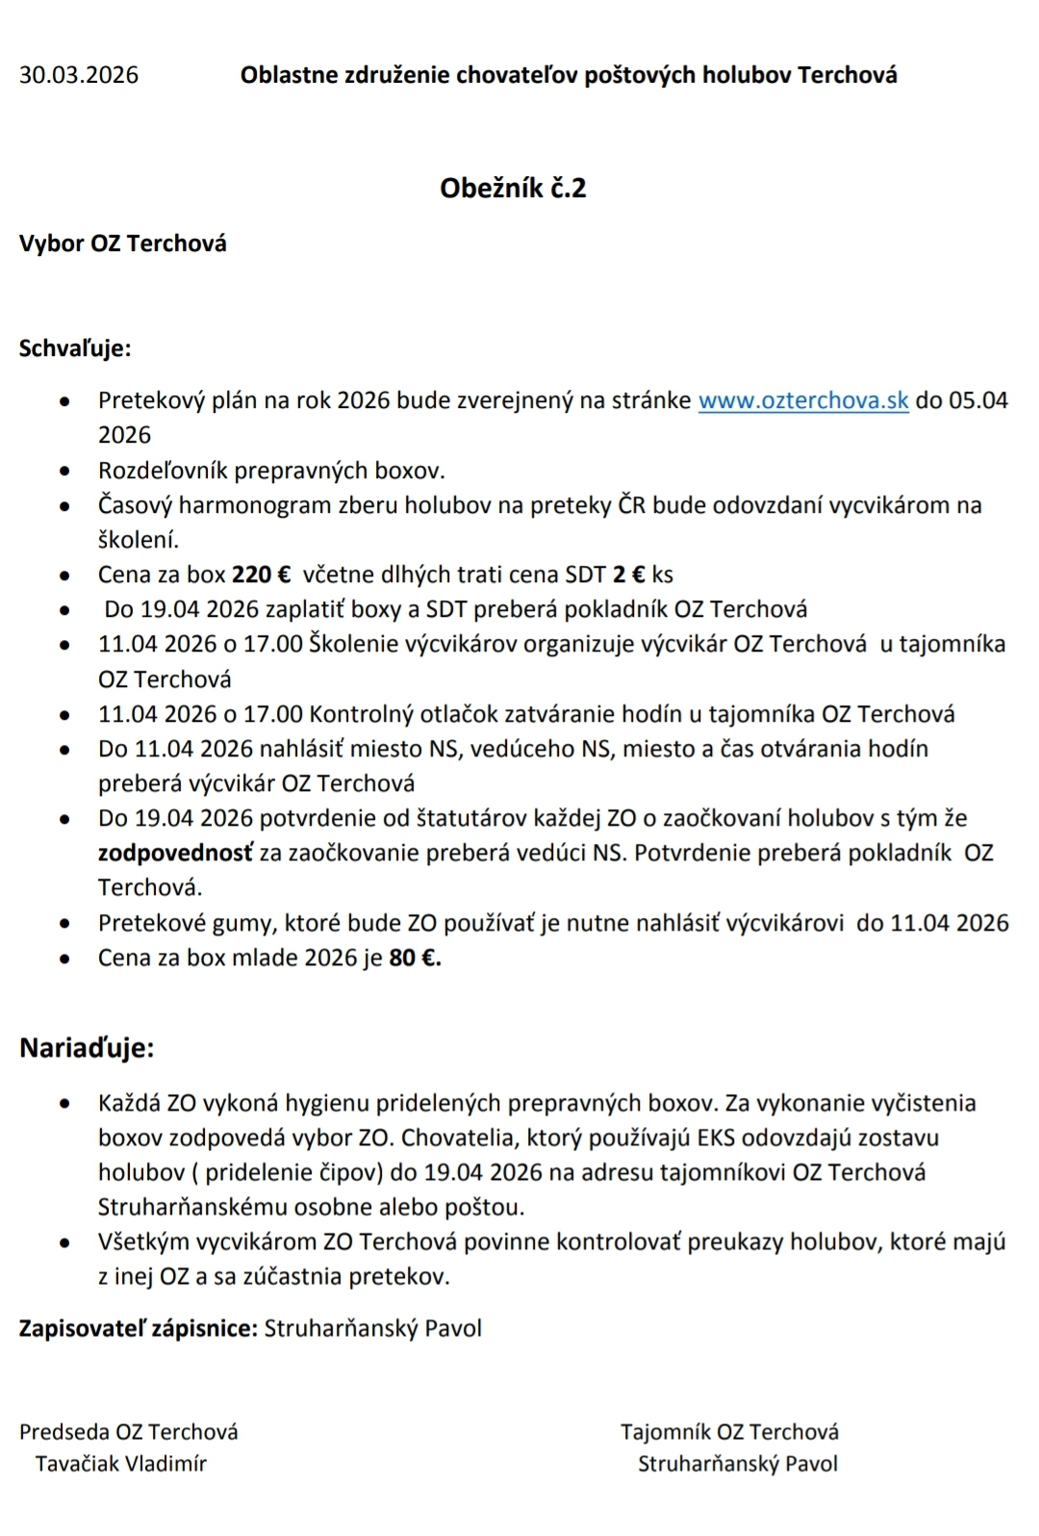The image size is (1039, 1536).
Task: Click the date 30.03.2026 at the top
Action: point(79,75)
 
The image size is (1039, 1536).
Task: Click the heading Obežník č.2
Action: point(513,188)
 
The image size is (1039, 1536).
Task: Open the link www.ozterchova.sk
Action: point(803,400)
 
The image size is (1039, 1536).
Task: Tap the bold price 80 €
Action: point(415,958)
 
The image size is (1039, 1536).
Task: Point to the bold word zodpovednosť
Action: point(176,853)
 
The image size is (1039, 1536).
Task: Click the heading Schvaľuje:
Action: point(75,347)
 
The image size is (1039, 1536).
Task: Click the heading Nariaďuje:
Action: point(87,1047)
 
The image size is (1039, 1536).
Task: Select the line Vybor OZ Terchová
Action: point(123,243)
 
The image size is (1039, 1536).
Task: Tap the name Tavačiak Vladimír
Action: point(121,1464)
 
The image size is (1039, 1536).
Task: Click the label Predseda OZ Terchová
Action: point(129,1432)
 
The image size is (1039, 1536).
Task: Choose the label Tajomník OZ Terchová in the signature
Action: point(729,1432)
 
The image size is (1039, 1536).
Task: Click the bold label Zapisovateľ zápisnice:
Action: point(139,1329)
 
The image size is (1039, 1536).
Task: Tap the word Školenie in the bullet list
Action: point(351,644)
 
